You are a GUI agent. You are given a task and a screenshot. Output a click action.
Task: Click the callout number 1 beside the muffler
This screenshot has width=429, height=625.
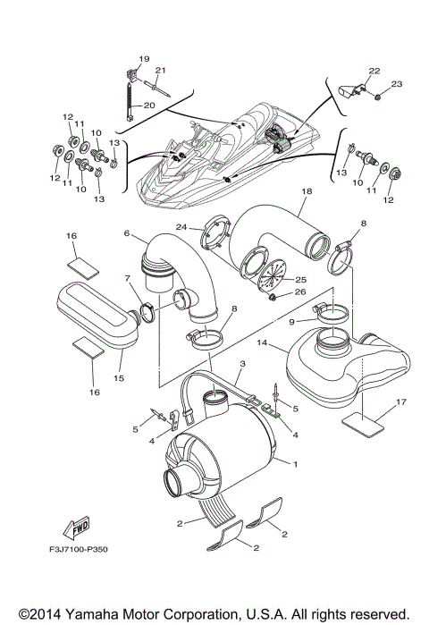tap(296, 461)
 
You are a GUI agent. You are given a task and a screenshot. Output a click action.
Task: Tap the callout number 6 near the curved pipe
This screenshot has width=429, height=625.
tap(127, 233)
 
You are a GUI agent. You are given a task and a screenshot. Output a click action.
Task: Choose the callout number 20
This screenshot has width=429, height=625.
tap(149, 105)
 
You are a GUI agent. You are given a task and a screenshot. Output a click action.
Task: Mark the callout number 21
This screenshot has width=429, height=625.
tap(161, 71)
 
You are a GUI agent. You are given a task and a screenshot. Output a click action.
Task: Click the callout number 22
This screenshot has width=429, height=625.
tap(374, 71)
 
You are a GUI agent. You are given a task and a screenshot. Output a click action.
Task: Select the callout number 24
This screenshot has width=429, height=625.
tap(181, 226)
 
